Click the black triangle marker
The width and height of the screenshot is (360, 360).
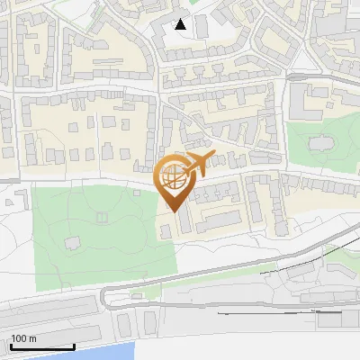click(181, 24)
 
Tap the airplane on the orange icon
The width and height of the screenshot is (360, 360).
click(199, 164)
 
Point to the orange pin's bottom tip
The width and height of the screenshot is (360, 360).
click(174, 210)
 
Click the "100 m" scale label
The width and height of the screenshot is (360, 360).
click(23, 339)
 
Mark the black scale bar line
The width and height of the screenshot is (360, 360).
click(42, 346)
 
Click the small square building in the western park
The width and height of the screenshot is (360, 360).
click(102, 217)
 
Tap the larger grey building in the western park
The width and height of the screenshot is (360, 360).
click(73, 242)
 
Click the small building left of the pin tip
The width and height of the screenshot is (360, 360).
click(165, 232)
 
